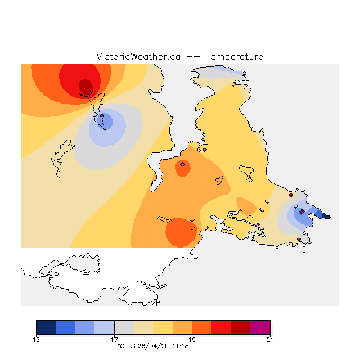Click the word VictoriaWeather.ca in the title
(138, 57)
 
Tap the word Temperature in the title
(234, 57)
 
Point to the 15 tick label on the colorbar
(37, 339)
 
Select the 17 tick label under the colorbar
(114, 339)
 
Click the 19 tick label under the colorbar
(192, 339)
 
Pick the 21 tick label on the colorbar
(270, 339)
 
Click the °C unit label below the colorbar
(120, 346)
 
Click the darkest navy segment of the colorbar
(46, 327)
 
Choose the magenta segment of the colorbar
(260, 327)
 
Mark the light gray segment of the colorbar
(124, 327)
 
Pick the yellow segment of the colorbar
(163, 327)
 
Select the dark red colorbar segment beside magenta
(241, 327)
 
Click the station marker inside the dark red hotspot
(89, 93)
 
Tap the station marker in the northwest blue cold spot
(102, 116)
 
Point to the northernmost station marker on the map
(234, 84)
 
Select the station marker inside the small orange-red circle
(182, 165)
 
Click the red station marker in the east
(303, 210)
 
